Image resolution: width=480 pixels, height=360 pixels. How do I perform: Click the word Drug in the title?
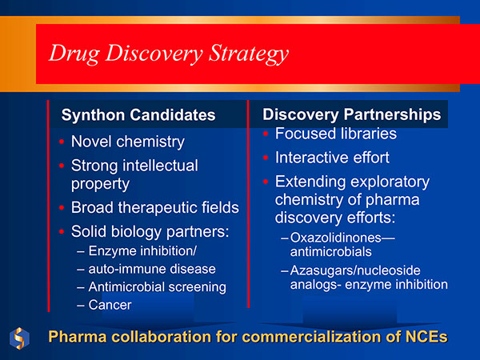pyautogui.click(x=70, y=54)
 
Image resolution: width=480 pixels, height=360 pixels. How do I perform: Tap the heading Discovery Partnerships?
pyautogui.click(x=351, y=114)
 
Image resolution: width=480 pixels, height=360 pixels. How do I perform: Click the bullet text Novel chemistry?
pyautogui.click(x=127, y=142)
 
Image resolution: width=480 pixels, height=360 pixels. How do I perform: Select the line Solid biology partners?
pyautogui.click(x=150, y=233)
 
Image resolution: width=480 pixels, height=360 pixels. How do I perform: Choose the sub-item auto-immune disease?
pyautogui.click(x=152, y=269)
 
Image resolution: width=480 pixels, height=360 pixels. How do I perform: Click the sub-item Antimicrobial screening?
pyautogui.click(x=157, y=286)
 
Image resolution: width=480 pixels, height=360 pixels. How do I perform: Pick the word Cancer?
pyautogui.click(x=110, y=304)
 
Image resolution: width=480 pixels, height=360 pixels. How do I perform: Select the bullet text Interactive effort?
pyautogui.click(x=331, y=158)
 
